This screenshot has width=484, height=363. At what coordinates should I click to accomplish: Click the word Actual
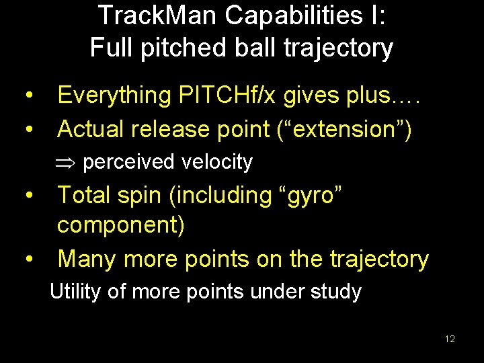coord(92,128)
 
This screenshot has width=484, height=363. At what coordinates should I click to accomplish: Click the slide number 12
coord(450,339)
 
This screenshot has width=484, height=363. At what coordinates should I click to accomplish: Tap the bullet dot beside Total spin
coord(29,196)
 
